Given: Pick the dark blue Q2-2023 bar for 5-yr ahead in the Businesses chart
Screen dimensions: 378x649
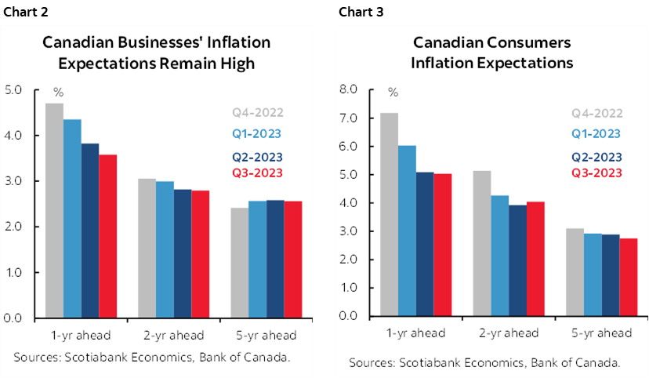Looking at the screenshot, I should click(x=275, y=259).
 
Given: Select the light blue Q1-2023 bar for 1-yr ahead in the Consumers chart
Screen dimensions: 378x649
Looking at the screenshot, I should click(x=407, y=231).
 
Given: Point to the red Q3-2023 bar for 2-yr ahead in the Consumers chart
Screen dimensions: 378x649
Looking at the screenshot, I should click(x=535, y=259).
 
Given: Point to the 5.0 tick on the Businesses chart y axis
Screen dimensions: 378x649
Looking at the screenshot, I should click(x=14, y=89).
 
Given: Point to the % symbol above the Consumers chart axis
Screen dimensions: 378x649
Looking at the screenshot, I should click(x=393, y=93).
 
